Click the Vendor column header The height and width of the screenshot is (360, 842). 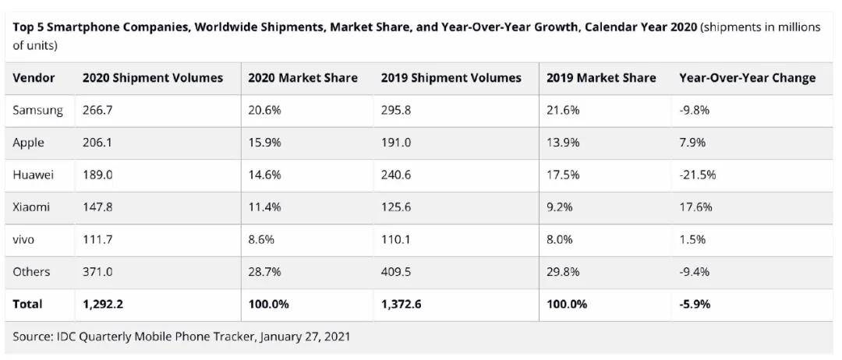tap(34, 78)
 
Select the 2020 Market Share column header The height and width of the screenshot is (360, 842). tap(302, 78)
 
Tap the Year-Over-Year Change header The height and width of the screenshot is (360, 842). tap(748, 78)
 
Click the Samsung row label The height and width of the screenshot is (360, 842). tap(37, 111)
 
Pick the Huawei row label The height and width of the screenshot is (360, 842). tap(33, 175)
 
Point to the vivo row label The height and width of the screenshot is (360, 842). tap(23, 239)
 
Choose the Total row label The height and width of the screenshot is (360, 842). tap(27, 304)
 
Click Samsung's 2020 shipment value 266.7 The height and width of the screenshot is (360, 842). tap(97, 111)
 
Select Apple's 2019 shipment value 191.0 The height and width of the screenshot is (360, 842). tap(396, 143)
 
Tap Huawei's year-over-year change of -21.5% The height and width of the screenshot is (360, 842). tap(698, 175)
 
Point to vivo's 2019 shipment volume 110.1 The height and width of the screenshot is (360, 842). tap(396, 239)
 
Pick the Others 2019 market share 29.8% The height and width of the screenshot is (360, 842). tap(563, 271)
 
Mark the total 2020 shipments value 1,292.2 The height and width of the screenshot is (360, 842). tap(104, 304)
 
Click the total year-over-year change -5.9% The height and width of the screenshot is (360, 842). tap(695, 304)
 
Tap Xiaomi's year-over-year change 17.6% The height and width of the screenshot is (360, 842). tap(696, 207)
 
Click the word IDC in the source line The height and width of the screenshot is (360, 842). tap(63, 337)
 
